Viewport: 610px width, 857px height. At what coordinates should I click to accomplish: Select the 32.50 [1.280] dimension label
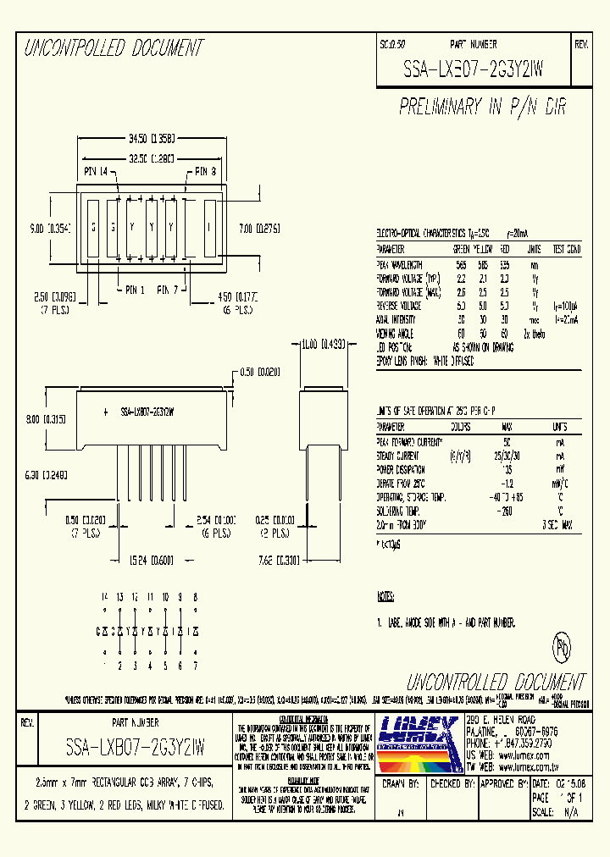(x=152, y=158)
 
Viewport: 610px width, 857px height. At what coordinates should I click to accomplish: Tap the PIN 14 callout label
(x=102, y=172)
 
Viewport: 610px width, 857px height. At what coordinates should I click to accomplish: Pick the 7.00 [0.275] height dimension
(x=259, y=227)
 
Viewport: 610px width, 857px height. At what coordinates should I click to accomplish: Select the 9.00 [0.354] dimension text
(x=48, y=227)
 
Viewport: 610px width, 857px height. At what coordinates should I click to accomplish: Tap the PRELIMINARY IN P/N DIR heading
(x=482, y=107)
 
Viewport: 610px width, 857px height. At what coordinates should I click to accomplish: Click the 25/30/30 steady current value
(x=507, y=455)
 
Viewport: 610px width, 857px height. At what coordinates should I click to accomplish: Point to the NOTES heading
(x=386, y=596)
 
